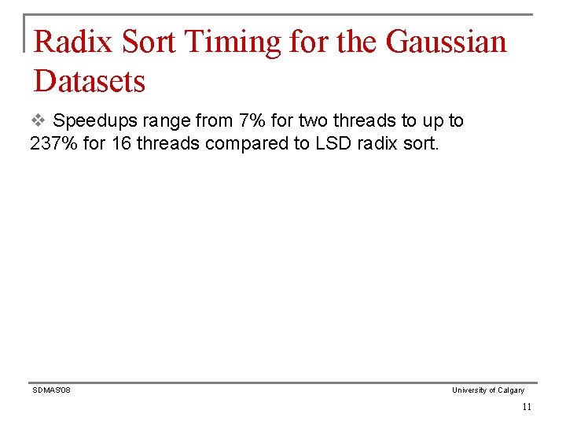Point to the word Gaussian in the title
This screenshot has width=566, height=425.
coord(446,42)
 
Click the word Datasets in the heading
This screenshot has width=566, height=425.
coord(90,80)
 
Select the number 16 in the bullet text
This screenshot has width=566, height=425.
coord(125,144)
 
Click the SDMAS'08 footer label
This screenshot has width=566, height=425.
coord(51,390)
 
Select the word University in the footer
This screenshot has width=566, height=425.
coord(469,390)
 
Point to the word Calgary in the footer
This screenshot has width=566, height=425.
coord(511,390)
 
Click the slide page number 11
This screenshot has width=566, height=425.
coord(526,407)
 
